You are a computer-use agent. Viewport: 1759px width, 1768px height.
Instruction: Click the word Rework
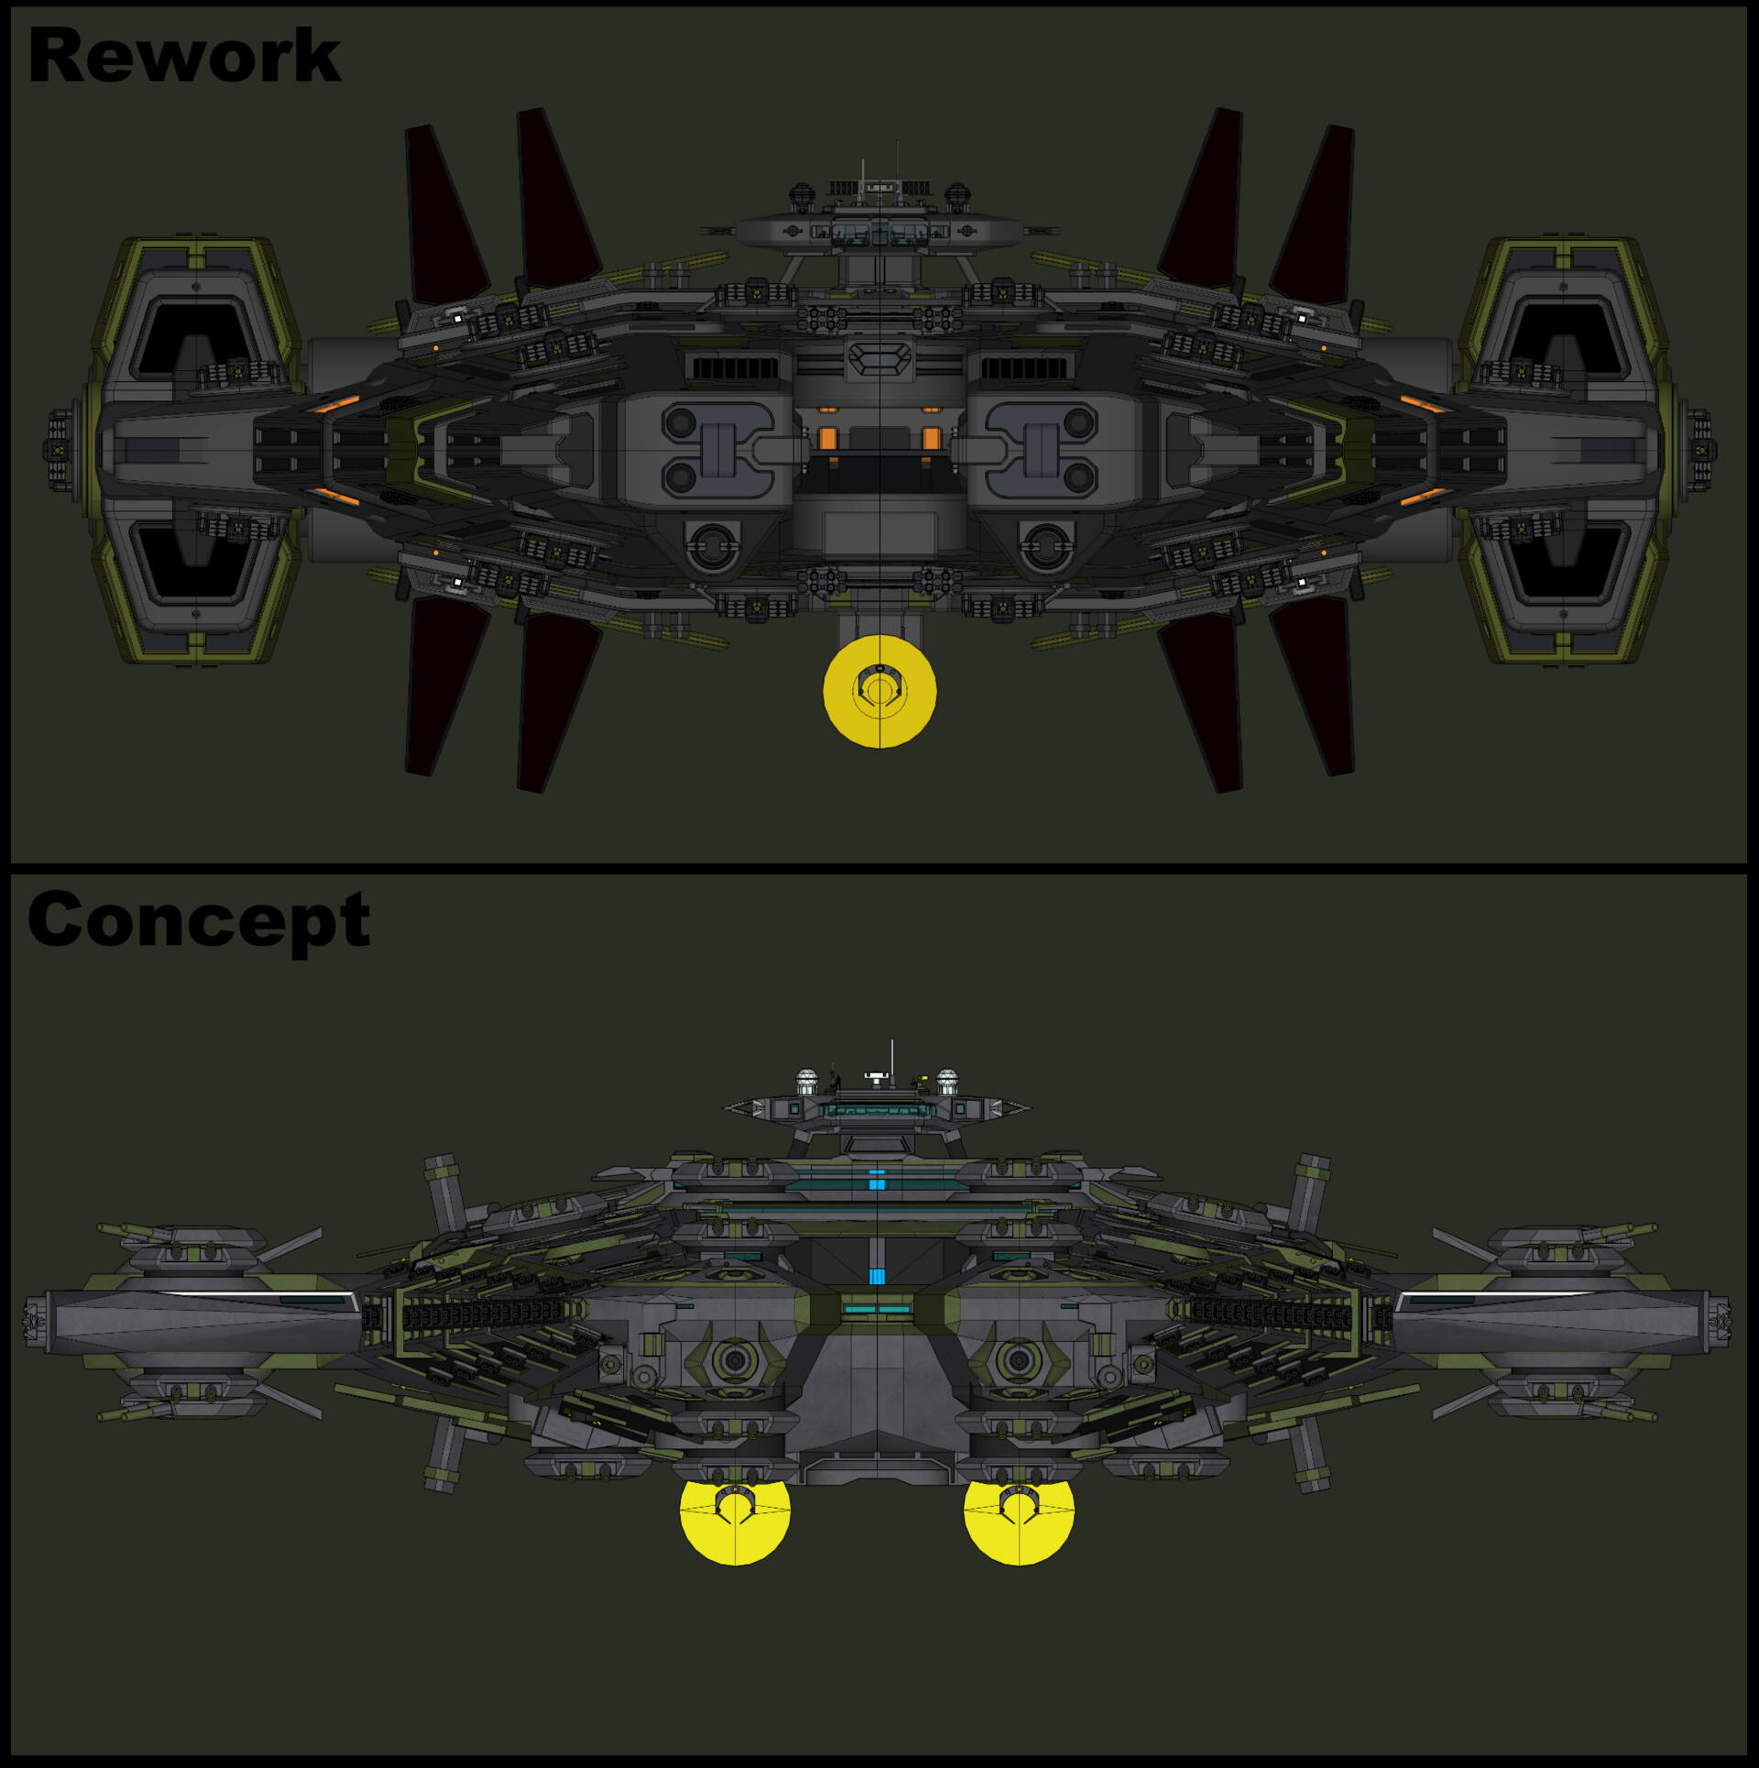[184, 57]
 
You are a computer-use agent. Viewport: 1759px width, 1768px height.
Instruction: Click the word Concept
[199, 920]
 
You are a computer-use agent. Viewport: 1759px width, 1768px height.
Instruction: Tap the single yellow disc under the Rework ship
[879, 692]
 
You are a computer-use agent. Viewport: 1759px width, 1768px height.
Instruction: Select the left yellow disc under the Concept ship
[735, 1512]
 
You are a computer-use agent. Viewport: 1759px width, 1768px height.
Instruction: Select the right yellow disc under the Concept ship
[1019, 1512]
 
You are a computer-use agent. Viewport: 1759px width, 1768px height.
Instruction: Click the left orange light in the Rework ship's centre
[828, 438]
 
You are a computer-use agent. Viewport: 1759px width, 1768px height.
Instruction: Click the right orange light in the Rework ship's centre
[932, 438]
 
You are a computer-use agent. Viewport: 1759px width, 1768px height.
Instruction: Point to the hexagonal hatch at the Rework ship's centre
[879, 359]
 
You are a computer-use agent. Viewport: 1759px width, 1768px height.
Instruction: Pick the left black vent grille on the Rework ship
[735, 368]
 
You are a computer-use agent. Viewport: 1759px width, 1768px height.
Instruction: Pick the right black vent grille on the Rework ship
[1024, 368]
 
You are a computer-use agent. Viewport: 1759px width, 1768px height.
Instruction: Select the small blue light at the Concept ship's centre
[877, 1276]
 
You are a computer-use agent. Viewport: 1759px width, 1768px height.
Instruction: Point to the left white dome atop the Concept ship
[807, 1080]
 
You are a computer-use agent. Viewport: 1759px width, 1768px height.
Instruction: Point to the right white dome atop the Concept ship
[947, 1080]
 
